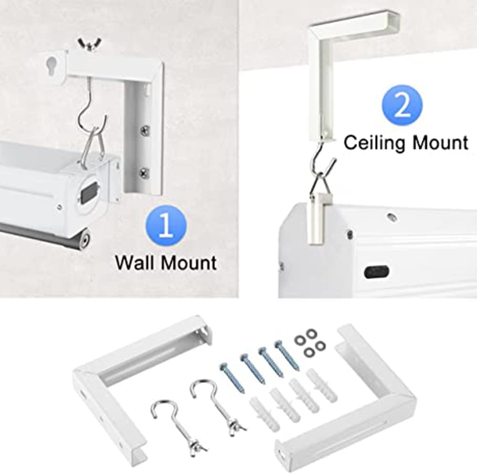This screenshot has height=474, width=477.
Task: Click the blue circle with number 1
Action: point(166,226)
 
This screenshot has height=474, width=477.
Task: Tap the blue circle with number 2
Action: point(402,105)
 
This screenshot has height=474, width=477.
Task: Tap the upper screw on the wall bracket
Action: point(145,131)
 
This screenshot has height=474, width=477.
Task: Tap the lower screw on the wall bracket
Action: point(144,173)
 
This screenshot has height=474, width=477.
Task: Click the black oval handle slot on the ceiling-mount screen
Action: point(376,271)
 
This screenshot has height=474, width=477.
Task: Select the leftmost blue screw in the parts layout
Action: point(232,377)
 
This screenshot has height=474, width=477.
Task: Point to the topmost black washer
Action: point(311,333)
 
